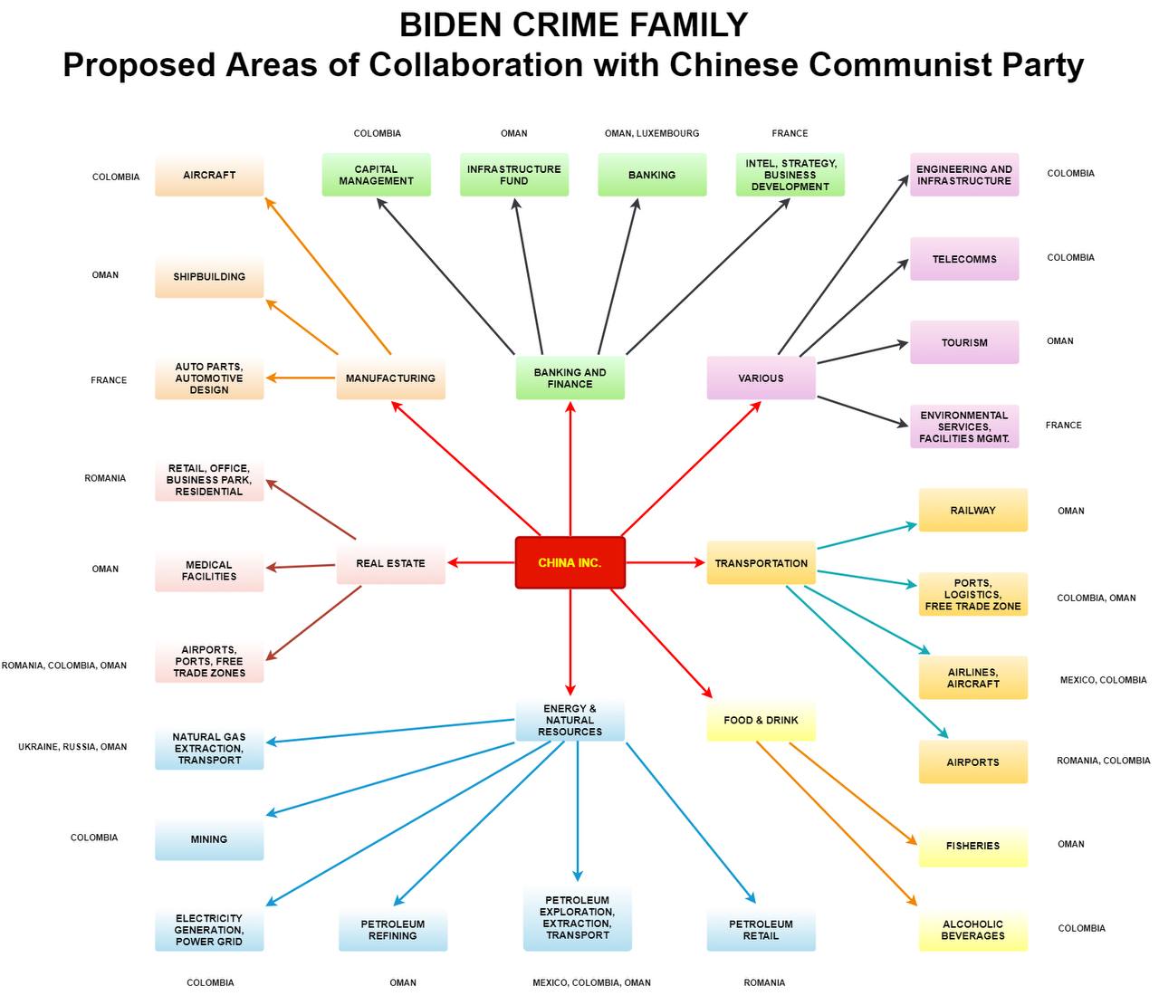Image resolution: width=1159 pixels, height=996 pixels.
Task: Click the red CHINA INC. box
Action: (570, 562)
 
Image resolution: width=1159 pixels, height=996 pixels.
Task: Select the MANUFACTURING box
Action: (390, 378)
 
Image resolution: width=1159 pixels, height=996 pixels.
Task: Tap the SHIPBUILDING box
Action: (209, 276)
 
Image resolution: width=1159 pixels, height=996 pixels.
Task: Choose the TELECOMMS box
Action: (963, 259)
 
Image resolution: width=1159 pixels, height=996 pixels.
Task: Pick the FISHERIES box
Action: (972, 846)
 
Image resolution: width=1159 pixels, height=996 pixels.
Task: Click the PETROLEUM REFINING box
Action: (392, 930)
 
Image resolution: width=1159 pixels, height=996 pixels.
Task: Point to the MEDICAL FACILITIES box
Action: (209, 570)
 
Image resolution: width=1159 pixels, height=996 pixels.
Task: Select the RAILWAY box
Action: (972, 511)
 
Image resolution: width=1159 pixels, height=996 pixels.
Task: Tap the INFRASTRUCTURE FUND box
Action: (513, 175)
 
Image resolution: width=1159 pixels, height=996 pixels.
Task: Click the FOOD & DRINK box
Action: (761, 720)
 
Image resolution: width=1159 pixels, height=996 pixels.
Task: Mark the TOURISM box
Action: (963, 342)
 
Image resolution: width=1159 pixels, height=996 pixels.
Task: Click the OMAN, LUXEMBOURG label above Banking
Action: (652, 133)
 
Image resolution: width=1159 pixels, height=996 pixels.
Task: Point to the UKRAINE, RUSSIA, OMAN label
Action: (72, 747)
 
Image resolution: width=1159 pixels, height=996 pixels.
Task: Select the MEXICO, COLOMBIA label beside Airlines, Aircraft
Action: (1103, 680)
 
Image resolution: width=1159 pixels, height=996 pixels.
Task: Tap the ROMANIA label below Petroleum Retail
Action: (764, 982)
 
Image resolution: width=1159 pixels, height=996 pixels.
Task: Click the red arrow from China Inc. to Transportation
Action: (665, 562)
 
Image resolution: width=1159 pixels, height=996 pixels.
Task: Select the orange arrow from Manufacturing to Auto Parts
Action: (300, 378)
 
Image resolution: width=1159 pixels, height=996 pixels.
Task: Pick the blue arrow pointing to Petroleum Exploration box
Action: (578, 811)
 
